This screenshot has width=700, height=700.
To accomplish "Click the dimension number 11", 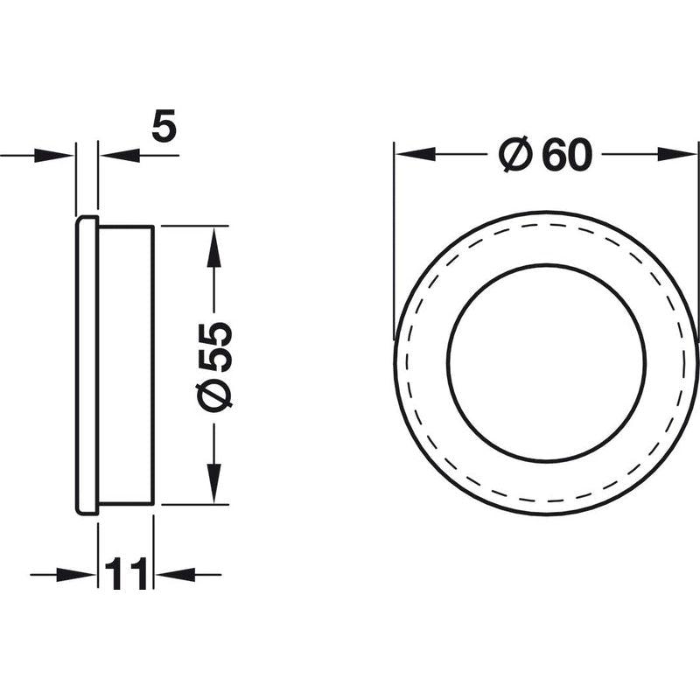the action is pos(125,573).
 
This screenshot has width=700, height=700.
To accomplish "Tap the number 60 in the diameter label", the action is pos(566,155).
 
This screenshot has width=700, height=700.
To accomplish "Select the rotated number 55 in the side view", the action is pos(215,346).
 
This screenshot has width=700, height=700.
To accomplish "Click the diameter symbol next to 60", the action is pos(515,154).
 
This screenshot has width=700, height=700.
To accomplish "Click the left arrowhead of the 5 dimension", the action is pos(54,156).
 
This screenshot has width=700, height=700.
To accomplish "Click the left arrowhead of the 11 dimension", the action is pos(76,575).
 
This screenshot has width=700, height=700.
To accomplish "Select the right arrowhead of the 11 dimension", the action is pos(175,575).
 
